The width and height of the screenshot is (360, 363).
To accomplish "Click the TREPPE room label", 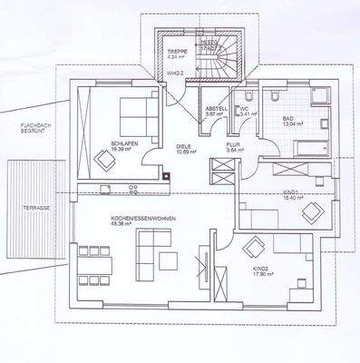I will tap(176, 51).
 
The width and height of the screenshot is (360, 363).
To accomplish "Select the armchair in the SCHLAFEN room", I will tap(105, 161).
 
